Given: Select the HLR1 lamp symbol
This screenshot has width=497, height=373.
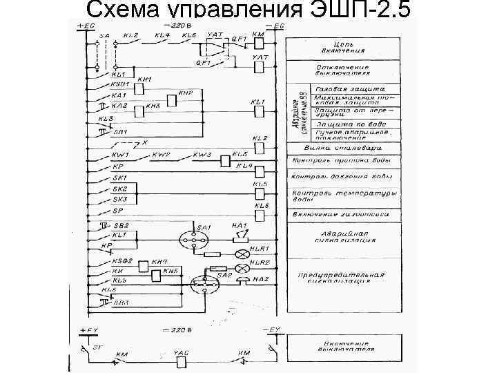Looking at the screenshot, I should [x=243, y=253].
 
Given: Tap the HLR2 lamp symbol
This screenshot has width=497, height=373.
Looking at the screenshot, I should [x=243, y=266].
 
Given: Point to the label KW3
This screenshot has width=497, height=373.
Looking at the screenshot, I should [x=202, y=155].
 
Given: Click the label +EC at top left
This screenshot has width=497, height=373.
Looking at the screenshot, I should [x=87, y=25].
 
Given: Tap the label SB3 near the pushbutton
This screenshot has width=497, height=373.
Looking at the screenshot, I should [x=121, y=303].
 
